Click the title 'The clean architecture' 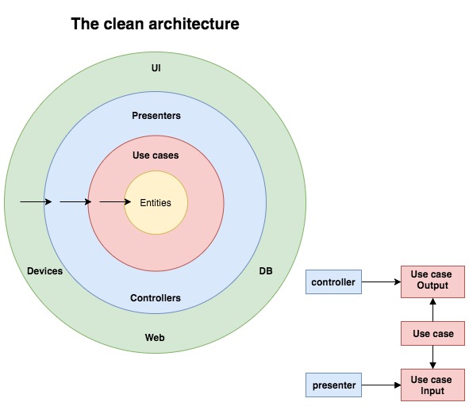click(x=155, y=24)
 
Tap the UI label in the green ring click(x=156, y=68)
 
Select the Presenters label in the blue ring click(x=156, y=116)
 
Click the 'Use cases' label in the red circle click(x=156, y=155)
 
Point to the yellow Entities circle click(x=156, y=202)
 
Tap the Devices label click(x=45, y=271)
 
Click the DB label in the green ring click(x=266, y=271)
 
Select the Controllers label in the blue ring click(x=156, y=298)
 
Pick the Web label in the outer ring click(x=155, y=338)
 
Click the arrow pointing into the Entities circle click(x=115, y=201)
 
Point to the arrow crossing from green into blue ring click(x=36, y=201)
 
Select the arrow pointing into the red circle click(x=75, y=201)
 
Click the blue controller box click(x=333, y=282)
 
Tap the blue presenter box click(x=333, y=385)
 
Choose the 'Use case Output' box click(x=432, y=282)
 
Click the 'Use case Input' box click(x=432, y=385)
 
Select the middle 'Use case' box click(x=432, y=334)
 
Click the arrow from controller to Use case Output click(x=382, y=282)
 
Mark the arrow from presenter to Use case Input click(x=382, y=385)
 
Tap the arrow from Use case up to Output click(x=432, y=310)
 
